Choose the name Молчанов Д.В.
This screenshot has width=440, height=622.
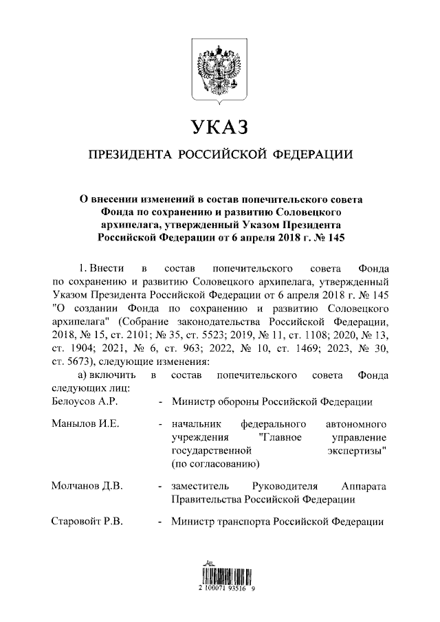click(x=87, y=486)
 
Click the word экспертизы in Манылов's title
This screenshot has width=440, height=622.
click(x=355, y=451)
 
